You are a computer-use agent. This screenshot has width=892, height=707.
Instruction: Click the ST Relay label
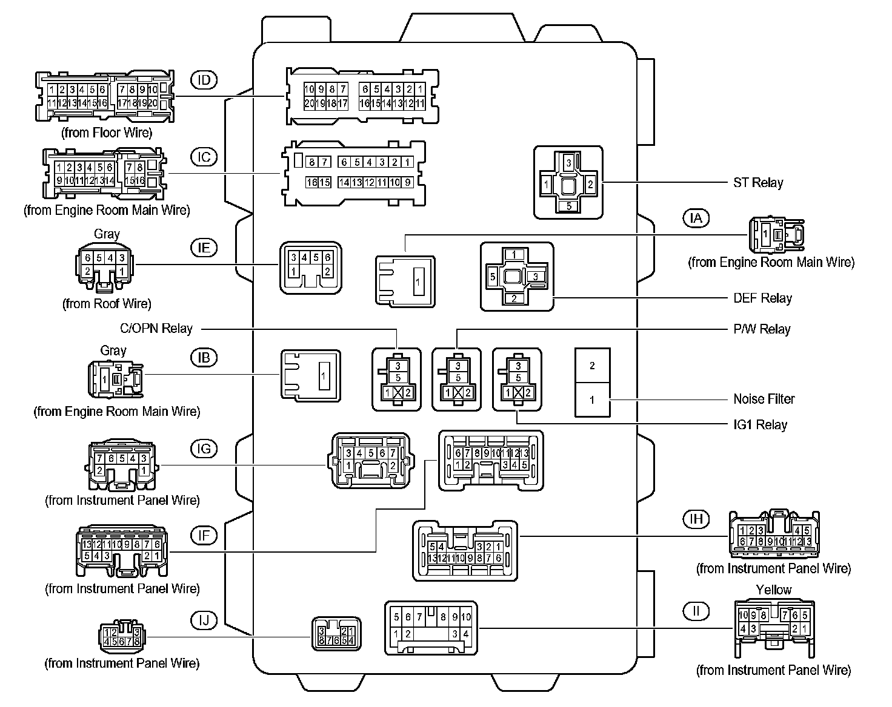coord(757,183)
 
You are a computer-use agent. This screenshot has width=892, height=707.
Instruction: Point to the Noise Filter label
coord(764,399)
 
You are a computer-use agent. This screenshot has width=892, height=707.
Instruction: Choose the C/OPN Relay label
coord(156,329)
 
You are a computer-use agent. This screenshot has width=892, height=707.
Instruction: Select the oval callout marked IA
coord(696,217)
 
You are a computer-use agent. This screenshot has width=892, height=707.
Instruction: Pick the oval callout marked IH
coord(696,519)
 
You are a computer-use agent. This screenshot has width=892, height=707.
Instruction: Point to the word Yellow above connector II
coord(773,590)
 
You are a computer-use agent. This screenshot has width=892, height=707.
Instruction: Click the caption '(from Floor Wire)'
coord(107,133)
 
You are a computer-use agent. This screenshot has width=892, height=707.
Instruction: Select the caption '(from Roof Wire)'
coord(107,304)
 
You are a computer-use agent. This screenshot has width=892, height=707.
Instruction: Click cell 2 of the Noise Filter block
coord(592,366)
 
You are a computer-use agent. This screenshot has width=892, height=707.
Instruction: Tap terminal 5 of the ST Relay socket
coord(568,206)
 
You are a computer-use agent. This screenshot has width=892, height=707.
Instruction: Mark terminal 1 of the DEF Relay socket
coord(514,254)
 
